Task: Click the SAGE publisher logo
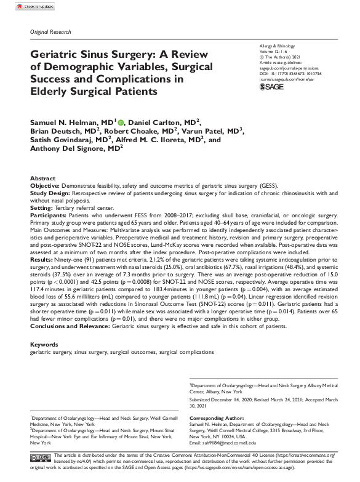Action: pyautogui.click(x=272, y=87)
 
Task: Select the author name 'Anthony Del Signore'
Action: pyautogui.click(x=73, y=149)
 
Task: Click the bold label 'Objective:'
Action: pyautogui.click(x=45, y=185)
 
